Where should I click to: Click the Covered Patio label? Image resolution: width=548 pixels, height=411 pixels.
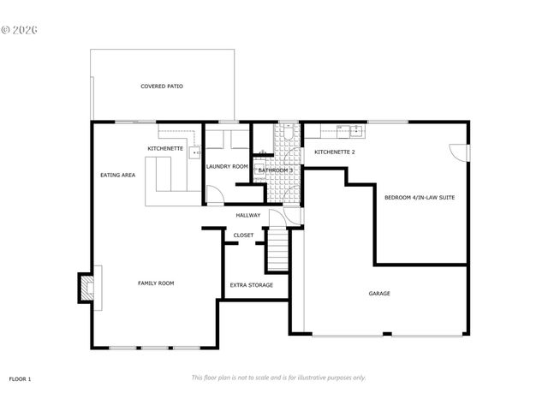pyautogui.click(x=162, y=86)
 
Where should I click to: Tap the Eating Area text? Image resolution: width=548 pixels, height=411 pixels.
pyautogui.click(x=117, y=175)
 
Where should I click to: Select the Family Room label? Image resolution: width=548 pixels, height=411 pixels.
pyautogui.click(x=156, y=283)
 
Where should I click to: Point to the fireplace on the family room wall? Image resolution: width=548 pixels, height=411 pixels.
pyautogui.click(x=86, y=288)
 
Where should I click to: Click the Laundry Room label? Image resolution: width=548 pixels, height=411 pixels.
pyautogui.click(x=227, y=166)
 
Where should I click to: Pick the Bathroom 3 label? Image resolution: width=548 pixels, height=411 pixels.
pyautogui.click(x=276, y=170)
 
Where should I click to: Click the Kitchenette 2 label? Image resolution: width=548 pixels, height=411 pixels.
pyautogui.click(x=334, y=152)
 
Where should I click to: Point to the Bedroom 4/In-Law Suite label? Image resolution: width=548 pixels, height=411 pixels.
pyautogui.click(x=419, y=198)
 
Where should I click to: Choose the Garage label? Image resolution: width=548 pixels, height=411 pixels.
pyautogui.click(x=379, y=294)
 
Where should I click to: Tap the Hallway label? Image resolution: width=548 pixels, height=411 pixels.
pyautogui.click(x=247, y=215)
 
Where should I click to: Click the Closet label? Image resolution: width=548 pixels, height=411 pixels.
pyautogui.click(x=243, y=235)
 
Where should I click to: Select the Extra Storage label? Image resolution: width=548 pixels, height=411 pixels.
pyautogui.click(x=252, y=285)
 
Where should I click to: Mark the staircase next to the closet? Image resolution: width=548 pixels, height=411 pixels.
pyautogui.click(x=276, y=253)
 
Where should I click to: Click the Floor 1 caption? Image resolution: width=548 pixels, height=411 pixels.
pyautogui.click(x=20, y=378)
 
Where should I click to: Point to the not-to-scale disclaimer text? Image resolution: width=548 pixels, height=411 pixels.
pyautogui.click(x=278, y=378)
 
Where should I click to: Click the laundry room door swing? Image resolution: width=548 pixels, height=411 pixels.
pyautogui.click(x=212, y=194)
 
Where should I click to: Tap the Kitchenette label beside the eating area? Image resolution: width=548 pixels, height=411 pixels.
pyautogui.click(x=164, y=149)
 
